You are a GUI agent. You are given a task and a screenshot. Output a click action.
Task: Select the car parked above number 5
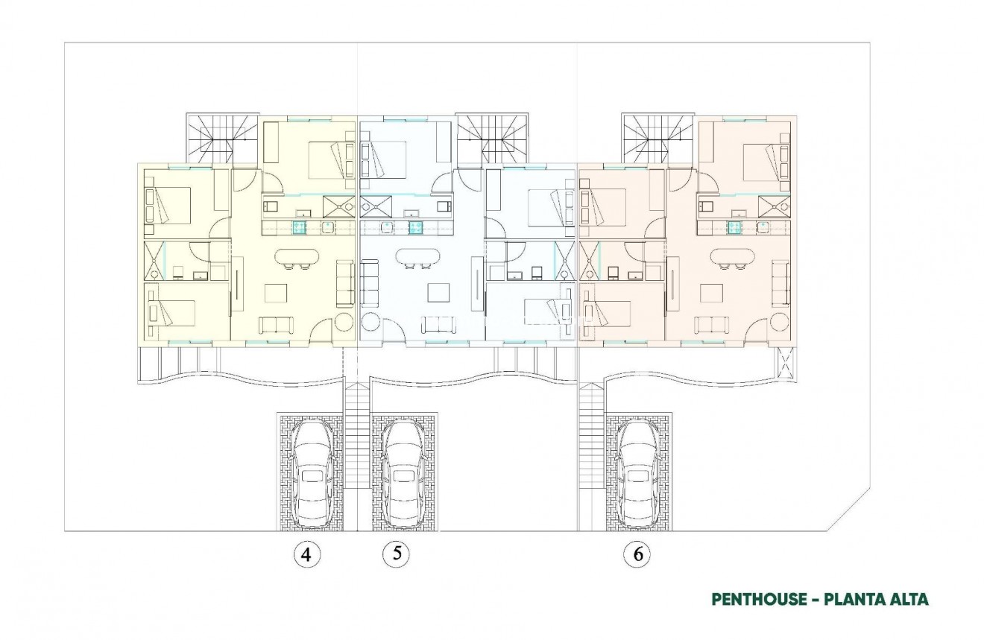click(403, 472)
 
